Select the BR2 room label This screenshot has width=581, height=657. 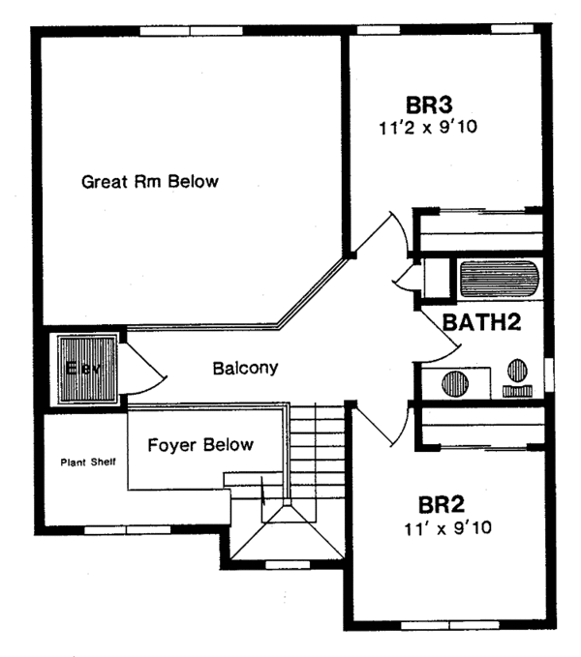coord(443,506)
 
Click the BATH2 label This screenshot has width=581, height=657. coord(482,322)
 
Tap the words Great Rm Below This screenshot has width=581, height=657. coord(150,181)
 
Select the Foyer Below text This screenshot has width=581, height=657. coord(200,445)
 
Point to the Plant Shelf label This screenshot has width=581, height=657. coord(90,462)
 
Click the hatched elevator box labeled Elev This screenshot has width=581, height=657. coord(85,369)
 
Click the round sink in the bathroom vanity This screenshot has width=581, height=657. coord(455,381)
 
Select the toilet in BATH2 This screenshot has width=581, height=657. coord(517,375)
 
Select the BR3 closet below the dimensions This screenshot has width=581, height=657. coord(478,233)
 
